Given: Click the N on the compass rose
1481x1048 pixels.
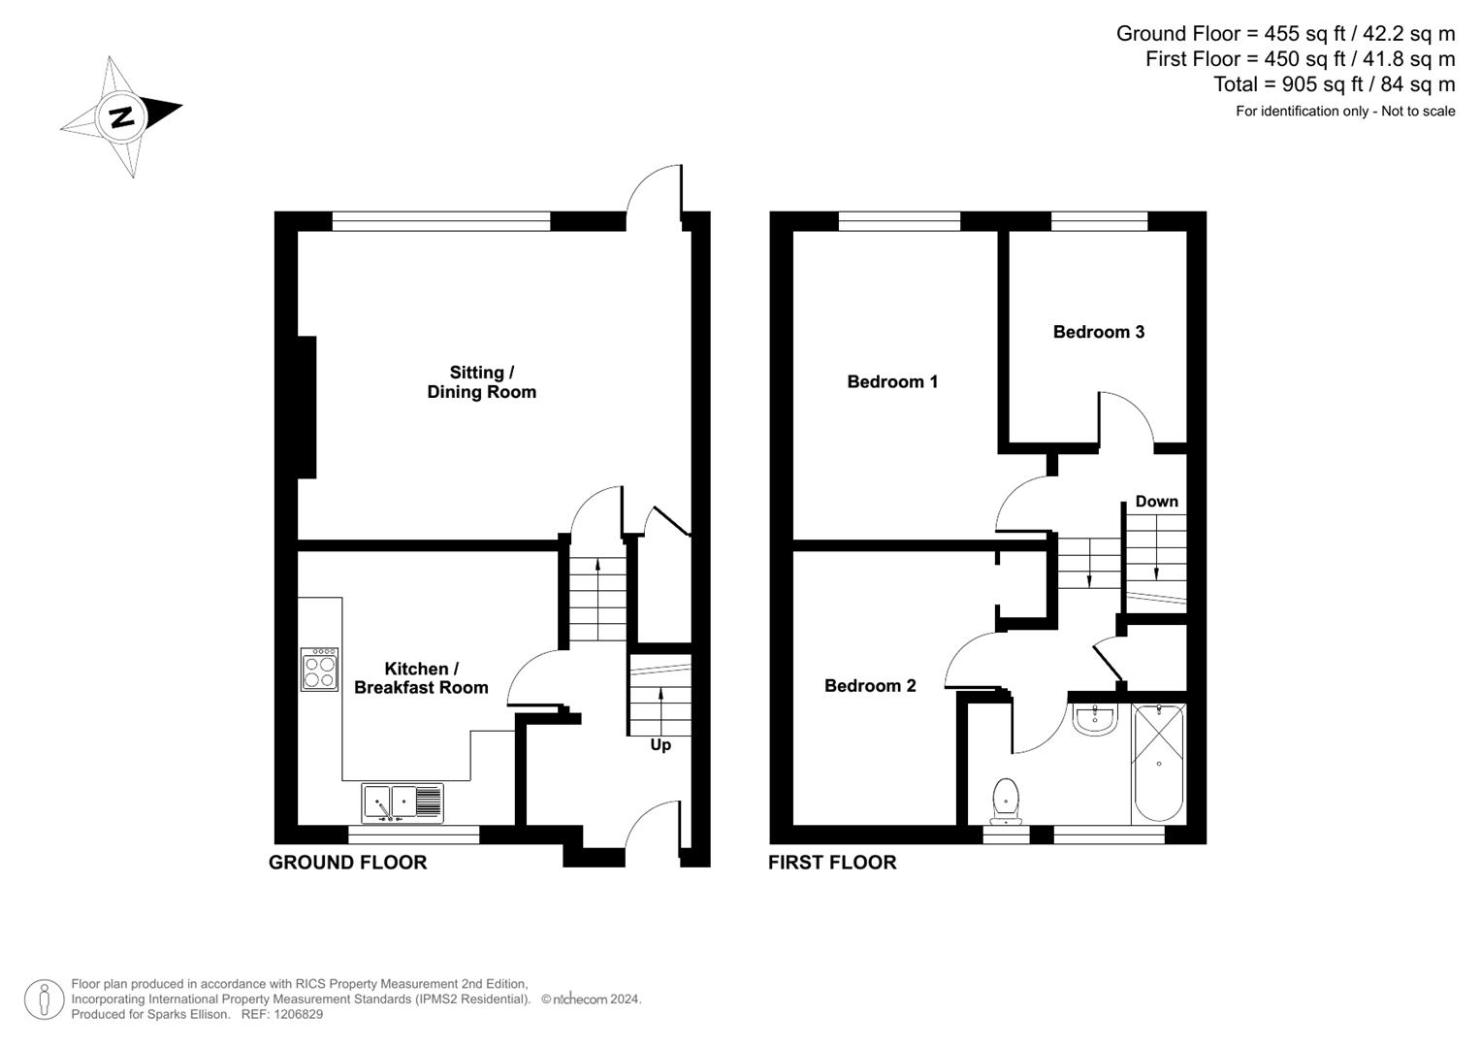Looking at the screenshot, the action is [122, 117].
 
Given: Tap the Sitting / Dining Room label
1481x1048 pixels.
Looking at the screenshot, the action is [481, 381].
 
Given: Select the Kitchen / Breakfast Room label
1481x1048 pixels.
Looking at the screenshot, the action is [421, 678].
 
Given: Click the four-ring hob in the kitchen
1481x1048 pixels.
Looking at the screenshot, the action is [319, 670].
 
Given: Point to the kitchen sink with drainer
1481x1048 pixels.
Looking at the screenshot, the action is [402, 803].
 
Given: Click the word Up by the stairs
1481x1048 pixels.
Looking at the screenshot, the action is [660, 745].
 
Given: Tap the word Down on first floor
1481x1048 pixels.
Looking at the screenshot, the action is [1156, 502].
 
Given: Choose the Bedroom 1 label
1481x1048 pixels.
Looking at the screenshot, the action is [892, 381].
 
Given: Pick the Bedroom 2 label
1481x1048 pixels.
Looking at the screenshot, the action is [870, 686].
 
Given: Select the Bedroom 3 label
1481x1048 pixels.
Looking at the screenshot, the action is [1099, 332].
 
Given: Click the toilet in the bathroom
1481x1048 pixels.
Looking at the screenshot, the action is [1006, 802].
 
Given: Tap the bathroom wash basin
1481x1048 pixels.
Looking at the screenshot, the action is [1095, 720].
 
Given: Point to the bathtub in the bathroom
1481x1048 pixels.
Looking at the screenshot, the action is [1158, 763].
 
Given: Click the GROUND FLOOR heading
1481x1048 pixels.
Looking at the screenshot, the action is [348, 863].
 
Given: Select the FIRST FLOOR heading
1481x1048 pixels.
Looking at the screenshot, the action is [832, 863].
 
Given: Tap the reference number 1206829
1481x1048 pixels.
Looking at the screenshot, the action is [298, 1014].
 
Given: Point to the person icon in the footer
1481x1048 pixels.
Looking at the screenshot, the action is [45, 999].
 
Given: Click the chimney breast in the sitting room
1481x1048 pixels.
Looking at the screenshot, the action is [306, 407].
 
